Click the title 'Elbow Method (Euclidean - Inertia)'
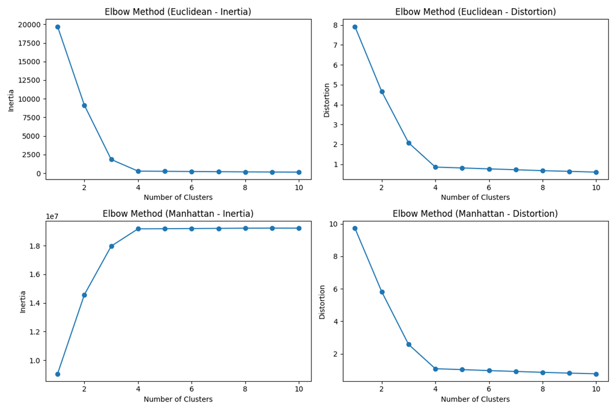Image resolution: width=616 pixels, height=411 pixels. (178, 12)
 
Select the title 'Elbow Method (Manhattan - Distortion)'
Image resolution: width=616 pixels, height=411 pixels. (475, 214)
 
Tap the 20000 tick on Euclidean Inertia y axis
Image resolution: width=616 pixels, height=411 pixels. (29, 25)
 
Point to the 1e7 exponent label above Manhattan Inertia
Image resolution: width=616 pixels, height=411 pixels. (52, 216)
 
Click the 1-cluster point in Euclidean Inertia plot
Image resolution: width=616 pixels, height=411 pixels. (57, 27)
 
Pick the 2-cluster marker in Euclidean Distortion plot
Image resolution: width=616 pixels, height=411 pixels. (382, 92)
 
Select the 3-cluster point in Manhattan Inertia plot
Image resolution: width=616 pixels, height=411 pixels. (111, 246)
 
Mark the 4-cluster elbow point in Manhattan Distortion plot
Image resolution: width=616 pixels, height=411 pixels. (435, 369)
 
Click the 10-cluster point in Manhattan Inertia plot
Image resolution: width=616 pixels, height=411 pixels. (299, 228)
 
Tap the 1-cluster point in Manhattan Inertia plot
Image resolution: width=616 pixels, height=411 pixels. (57, 374)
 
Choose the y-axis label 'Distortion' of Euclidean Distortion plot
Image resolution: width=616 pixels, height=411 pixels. (327, 99)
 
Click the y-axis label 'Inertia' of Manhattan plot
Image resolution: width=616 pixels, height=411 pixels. (23, 301)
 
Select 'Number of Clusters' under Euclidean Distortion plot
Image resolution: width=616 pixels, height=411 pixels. (475, 198)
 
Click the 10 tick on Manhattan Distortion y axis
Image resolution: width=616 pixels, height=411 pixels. (334, 224)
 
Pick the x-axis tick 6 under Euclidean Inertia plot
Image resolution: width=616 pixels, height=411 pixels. (191, 188)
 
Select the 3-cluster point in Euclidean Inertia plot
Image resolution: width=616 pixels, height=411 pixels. (111, 160)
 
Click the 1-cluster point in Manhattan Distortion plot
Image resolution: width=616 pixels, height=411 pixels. (355, 229)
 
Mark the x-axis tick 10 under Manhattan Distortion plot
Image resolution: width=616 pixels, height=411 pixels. (596, 389)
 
